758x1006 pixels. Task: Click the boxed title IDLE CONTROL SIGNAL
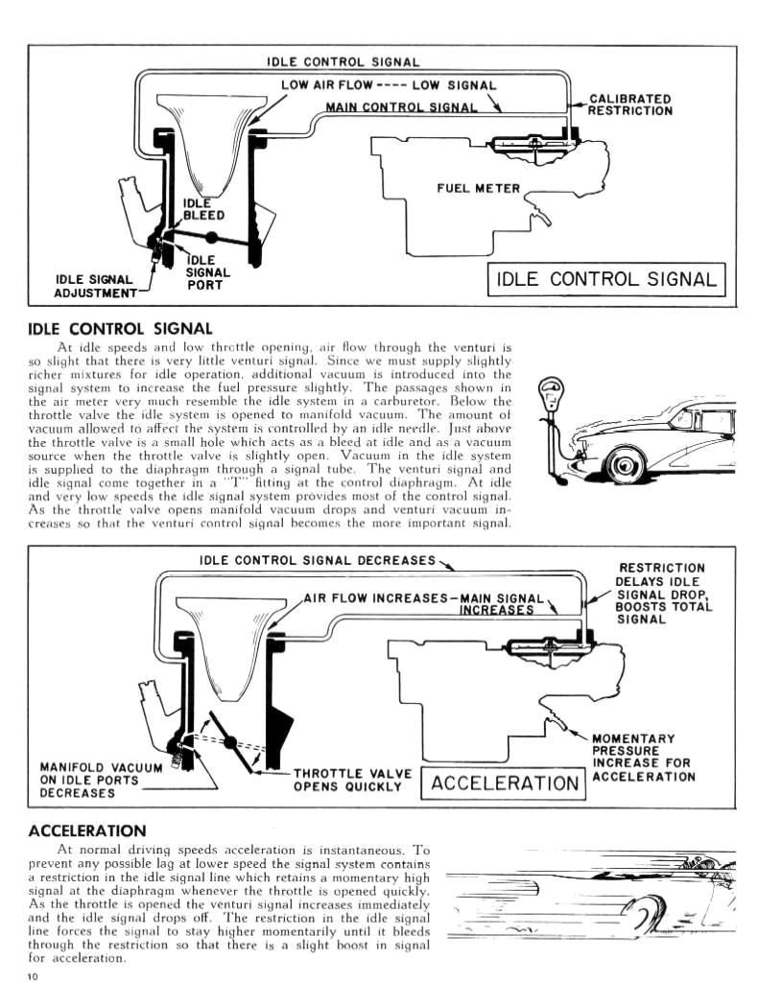click(605, 279)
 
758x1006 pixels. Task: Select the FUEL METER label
click(478, 188)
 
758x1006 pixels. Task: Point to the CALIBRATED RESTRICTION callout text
click(629, 105)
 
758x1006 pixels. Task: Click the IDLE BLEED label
click(203, 208)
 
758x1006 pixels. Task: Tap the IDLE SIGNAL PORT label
click(206, 272)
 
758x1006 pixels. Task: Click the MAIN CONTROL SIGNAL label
click(401, 106)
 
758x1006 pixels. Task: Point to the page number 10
click(34, 976)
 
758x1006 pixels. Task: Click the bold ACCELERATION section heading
click(87, 830)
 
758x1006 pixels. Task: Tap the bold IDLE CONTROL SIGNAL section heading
click(120, 329)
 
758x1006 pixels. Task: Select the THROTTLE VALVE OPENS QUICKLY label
click(352, 780)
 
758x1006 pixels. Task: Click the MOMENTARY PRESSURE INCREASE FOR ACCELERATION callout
click(642, 757)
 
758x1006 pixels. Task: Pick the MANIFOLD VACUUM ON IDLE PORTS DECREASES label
click(89, 780)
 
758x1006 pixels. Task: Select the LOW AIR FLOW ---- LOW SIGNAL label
click(389, 85)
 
